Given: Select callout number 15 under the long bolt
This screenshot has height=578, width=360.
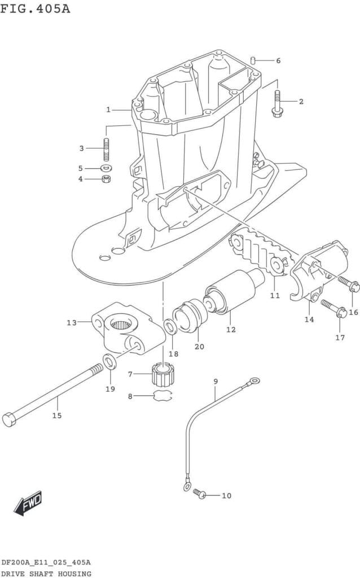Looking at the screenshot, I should coord(57,415).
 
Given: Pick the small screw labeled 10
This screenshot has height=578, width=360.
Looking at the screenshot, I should coord(199,494).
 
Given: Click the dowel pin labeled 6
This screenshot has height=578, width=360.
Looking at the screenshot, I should coord(254,60).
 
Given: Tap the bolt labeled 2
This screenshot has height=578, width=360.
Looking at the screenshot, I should coord(277,103).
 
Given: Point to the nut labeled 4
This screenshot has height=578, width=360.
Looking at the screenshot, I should coord(106,179).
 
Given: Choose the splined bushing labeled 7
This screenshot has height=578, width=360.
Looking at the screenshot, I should coord(162,375).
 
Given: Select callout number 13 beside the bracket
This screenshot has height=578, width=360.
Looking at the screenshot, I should coord(71,323).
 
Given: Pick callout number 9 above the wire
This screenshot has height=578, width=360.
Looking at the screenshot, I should coord(216,382).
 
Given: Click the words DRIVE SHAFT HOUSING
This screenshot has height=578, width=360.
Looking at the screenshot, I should coord(46,573).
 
